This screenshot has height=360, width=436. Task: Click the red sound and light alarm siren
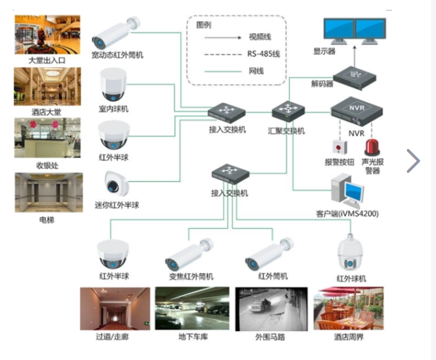tap(372, 148)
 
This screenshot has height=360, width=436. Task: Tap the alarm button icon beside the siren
tap(341, 148)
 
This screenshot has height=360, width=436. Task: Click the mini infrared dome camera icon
tap(114, 184)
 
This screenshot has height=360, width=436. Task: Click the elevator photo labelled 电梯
tap(48, 193)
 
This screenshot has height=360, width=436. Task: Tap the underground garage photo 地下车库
tap(192, 308)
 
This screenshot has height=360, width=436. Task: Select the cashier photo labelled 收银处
tap(48, 138)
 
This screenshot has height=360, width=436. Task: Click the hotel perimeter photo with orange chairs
tap(348, 308)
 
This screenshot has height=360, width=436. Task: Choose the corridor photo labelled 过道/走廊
tap(114, 308)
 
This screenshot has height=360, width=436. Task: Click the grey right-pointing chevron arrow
tap(413, 161)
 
